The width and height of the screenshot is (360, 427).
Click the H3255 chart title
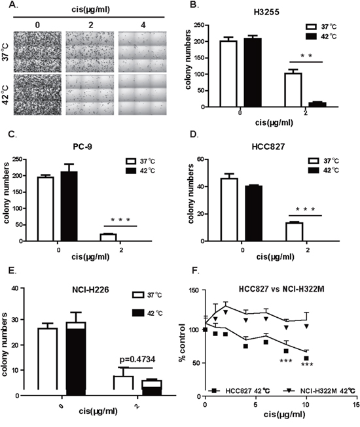click(x=266, y=12)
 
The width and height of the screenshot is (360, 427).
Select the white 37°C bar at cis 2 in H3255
click(x=293, y=90)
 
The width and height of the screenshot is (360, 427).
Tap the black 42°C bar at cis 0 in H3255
click(x=253, y=73)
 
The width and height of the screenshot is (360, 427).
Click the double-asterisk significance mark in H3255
click(x=306, y=56)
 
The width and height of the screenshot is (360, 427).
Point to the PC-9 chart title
click(x=82, y=146)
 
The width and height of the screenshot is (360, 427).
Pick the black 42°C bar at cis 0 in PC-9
click(x=69, y=207)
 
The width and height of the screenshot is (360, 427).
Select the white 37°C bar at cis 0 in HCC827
click(x=229, y=210)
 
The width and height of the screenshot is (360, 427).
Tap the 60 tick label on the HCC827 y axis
click(x=201, y=159)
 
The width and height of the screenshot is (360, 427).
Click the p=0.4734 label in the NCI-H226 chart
click(x=137, y=360)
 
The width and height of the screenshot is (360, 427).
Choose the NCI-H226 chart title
click(x=90, y=290)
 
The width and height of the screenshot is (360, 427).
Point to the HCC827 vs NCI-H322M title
click(x=281, y=289)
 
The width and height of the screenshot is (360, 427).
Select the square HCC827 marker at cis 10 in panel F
click(x=306, y=358)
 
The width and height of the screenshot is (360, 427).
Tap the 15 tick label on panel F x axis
click(x=356, y=404)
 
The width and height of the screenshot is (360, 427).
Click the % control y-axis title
click(x=182, y=342)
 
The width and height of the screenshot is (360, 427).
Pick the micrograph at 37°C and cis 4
click(x=142, y=52)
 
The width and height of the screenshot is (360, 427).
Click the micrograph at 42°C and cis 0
click(x=37, y=95)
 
